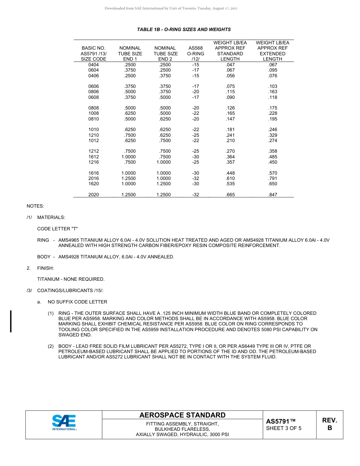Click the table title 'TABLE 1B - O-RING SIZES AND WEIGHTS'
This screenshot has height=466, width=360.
(x=184, y=30)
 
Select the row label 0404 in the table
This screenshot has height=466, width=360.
(x=94, y=65)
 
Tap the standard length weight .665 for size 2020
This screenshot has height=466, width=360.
(x=230, y=195)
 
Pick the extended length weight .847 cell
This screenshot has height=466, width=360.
(x=272, y=195)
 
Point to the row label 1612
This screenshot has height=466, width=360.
(x=94, y=157)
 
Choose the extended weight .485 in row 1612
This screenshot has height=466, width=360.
(x=272, y=157)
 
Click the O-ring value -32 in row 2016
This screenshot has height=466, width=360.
(x=196, y=178)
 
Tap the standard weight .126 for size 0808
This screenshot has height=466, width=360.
(x=230, y=108)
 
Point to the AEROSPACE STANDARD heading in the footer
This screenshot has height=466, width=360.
(x=182, y=415)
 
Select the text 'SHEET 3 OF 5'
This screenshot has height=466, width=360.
(x=284, y=428)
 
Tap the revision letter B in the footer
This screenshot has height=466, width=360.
(x=329, y=428)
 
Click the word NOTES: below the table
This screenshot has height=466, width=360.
(x=35, y=206)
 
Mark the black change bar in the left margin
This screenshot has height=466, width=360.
(x=11, y=321)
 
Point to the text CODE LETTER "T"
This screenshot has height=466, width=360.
(x=57, y=229)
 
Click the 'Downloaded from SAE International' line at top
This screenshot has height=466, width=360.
(x=171, y=8)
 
